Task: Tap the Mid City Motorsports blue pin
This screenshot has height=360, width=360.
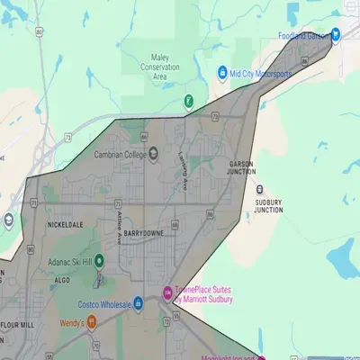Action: point(222,73)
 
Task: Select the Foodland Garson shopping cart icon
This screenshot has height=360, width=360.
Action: point(335,36)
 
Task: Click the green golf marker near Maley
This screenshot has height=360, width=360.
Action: point(189,102)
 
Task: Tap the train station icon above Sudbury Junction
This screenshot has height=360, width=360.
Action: point(260,191)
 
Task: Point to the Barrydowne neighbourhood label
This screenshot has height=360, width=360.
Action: point(145,232)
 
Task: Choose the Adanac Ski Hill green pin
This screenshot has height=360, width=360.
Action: point(100,261)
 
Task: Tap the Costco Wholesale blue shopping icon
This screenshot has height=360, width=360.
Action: point(138,303)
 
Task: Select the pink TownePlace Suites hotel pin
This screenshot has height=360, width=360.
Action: point(167,292)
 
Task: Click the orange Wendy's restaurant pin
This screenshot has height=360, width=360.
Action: point(92,321)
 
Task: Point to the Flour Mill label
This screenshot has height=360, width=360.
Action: point(17,322)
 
